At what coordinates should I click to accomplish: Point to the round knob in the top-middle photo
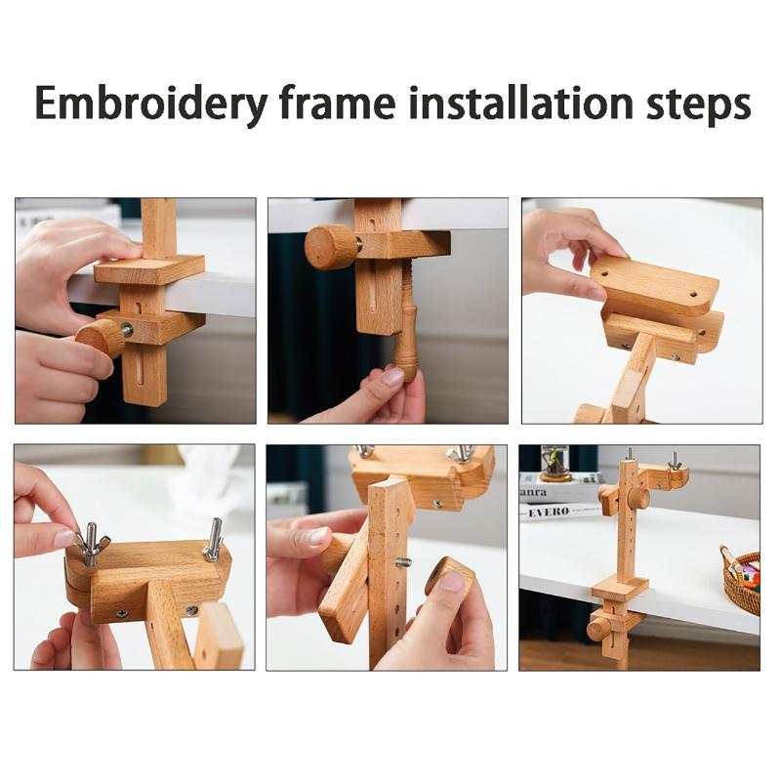click(330, 247)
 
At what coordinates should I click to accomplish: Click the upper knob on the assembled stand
click(636, 498)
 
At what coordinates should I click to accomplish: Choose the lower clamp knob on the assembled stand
click(597, 629)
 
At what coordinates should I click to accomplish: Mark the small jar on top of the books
click(555, 463)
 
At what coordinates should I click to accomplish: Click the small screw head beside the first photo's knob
click(127, 329)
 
